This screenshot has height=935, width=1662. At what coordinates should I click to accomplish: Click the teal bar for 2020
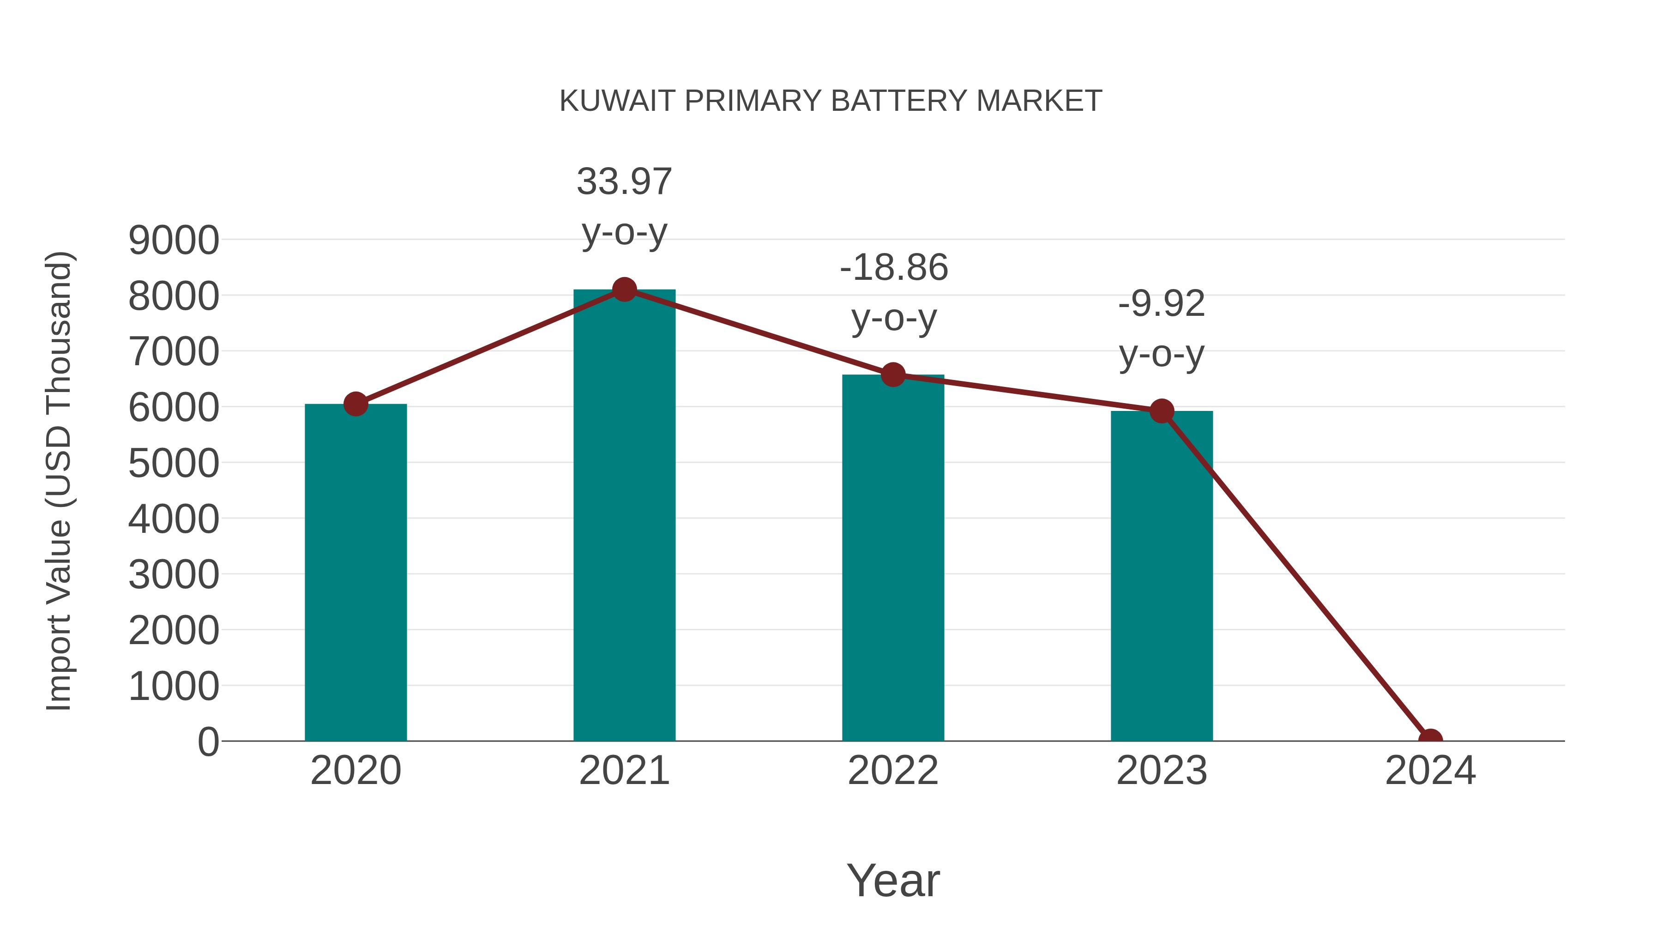[355, 574]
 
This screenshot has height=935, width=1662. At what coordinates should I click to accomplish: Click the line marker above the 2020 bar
[355, 404]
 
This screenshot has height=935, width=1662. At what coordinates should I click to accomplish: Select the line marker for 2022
[893, 374]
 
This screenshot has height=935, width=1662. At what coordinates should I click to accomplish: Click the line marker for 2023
[1162, 410]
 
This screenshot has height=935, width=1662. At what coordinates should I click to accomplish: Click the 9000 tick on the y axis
[174, 240]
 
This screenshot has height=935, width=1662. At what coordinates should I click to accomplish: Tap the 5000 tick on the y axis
[174, 463]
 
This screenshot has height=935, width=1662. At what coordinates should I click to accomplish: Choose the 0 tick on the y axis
[208, 742]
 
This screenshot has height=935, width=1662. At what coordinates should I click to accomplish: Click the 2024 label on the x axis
[1430, 771]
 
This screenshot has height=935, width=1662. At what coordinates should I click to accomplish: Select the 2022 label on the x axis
[893, 771]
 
